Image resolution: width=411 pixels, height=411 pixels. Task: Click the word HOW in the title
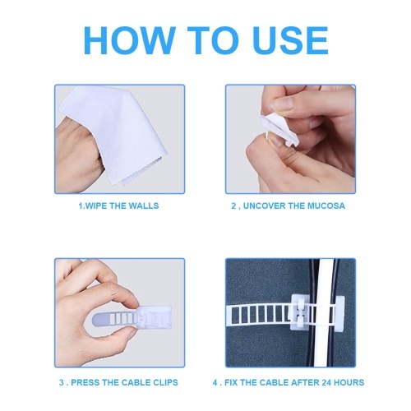click(x=129, y=40)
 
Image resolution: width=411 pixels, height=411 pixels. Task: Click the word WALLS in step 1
click(x=144, y=205)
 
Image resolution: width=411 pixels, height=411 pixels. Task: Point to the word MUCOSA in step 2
click(x=326, y=205)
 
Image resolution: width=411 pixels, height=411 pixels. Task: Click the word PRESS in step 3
click(x=84, y=382)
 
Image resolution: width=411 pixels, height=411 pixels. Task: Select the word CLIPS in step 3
click(x=165, y=382)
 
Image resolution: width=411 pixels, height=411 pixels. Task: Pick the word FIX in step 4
click(x=231, y=382)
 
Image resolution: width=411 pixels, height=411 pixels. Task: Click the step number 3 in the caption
click(x=61, y=382)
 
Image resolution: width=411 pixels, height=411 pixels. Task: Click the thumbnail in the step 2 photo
click(x=282, y=104)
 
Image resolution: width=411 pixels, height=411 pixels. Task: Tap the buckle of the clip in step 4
click(x=300, y=312)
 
